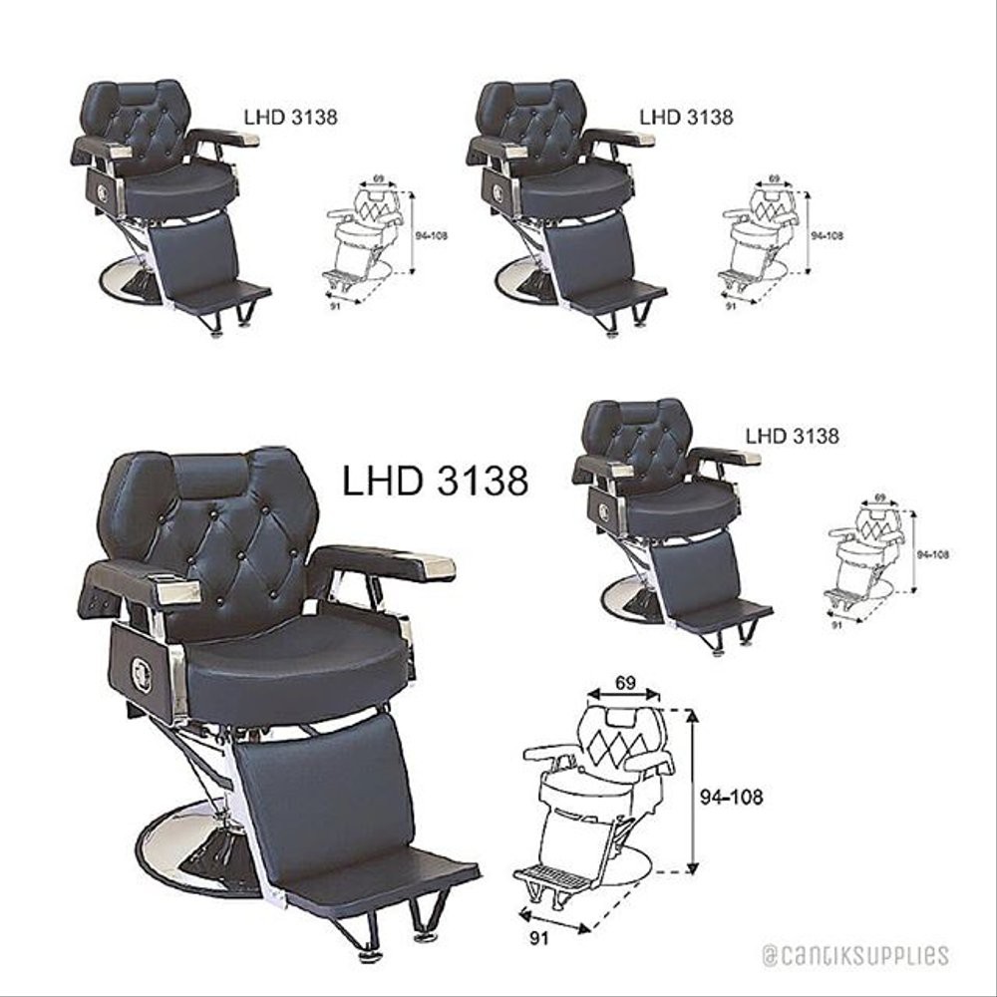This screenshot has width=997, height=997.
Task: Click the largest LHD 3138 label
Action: (435, 481)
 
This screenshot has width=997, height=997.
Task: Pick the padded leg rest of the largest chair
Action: (319, 788)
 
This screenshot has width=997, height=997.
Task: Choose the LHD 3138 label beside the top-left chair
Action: (290, 116)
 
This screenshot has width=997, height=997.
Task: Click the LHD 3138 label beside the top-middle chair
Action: (686, 116)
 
